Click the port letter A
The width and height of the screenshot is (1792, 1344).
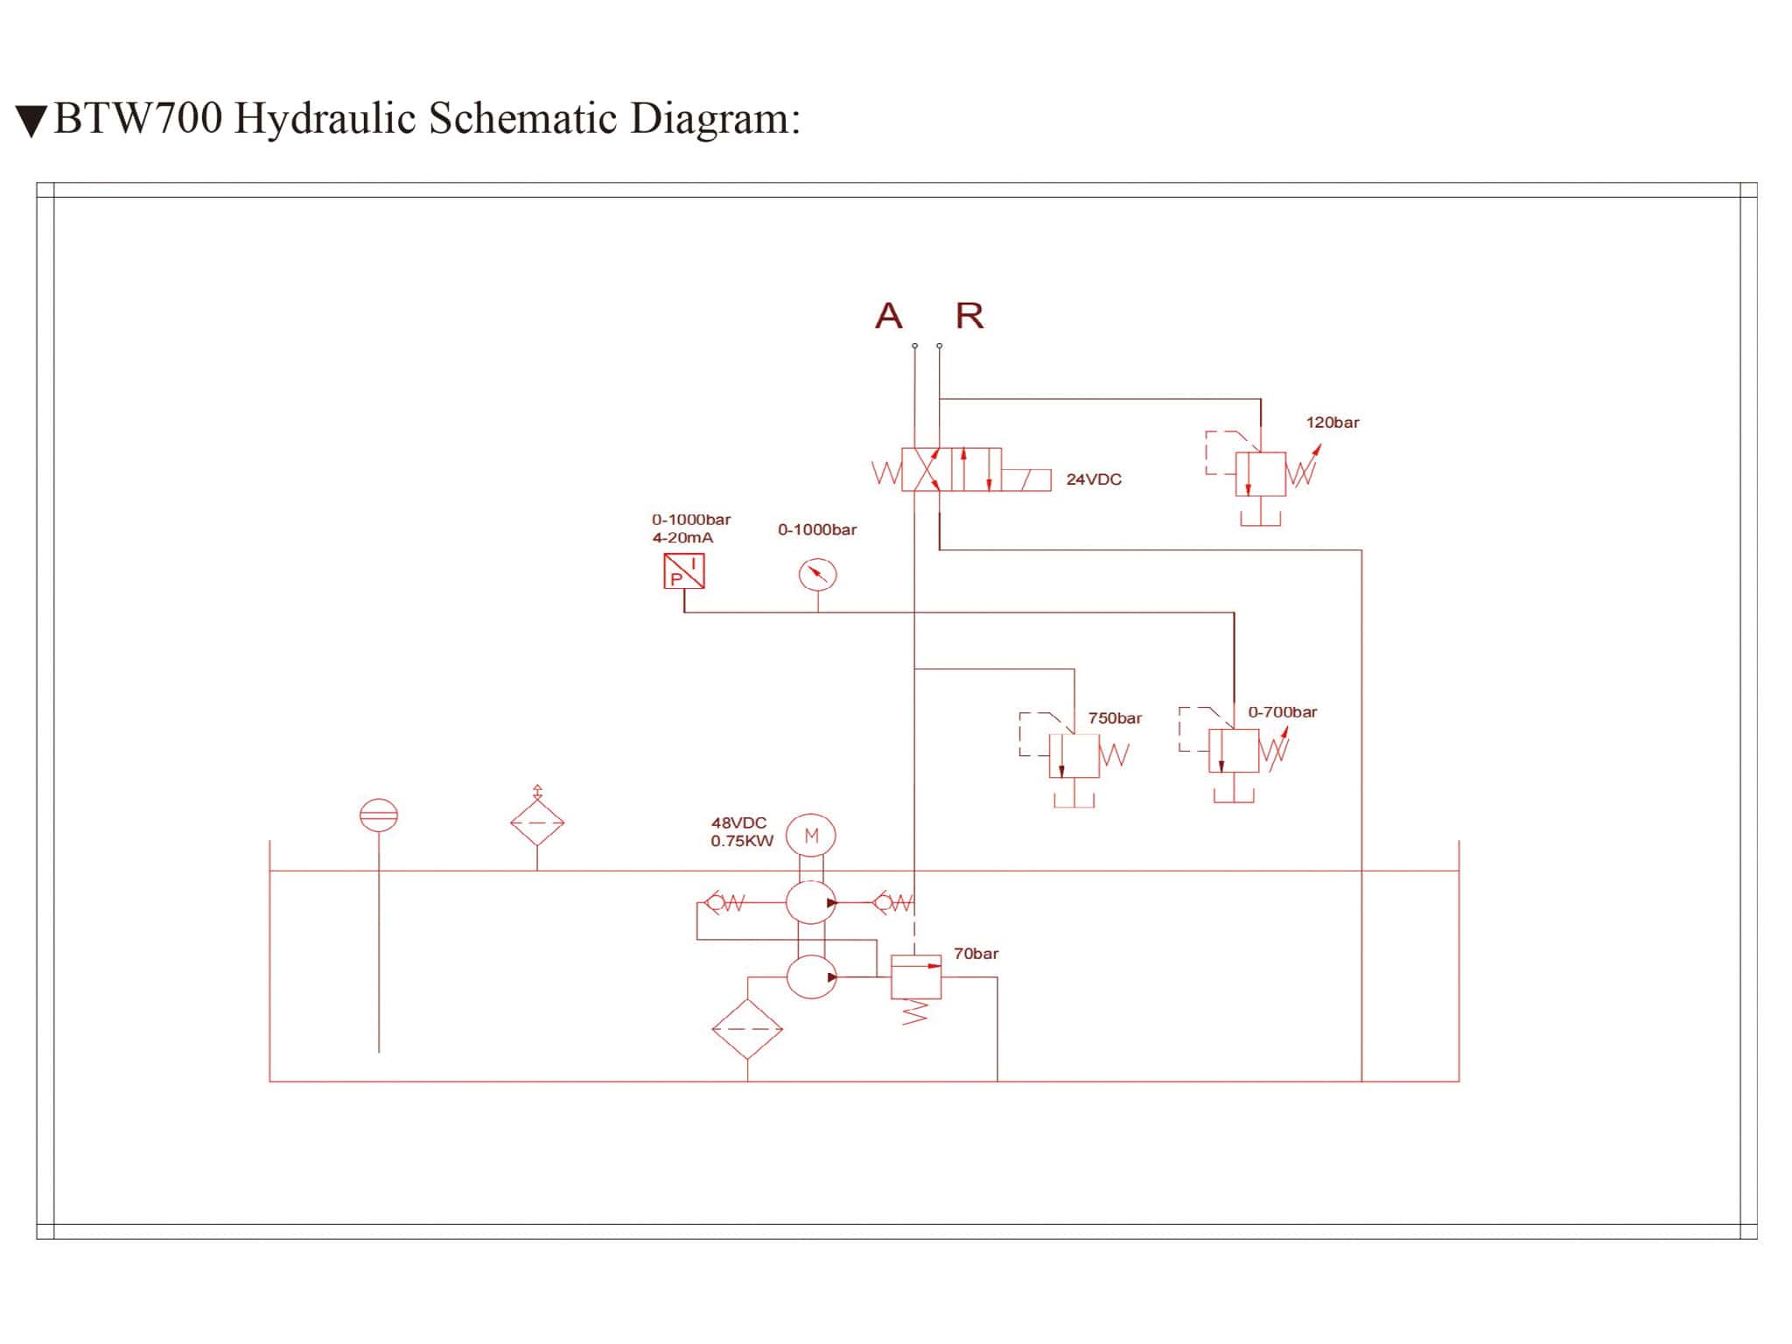tap(888, 316)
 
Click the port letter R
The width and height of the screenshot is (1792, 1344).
tap(969, 316)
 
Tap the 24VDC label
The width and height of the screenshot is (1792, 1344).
tap(1094, 479)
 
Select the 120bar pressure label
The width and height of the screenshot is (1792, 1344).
tap(1333, 423)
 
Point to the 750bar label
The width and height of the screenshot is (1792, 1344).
tap(1115, 718)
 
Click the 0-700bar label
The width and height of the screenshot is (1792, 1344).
tap(1282, 712)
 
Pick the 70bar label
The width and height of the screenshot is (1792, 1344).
tap(976, 954)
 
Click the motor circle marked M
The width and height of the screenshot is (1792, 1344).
tap(811, 836)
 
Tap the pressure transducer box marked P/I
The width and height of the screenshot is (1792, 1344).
tap(684, 571)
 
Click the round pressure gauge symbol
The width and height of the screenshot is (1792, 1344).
tap(817, 575)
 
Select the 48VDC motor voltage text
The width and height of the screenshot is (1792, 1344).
tap(738, 822)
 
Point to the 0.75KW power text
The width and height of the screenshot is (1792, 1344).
tap(742, 842)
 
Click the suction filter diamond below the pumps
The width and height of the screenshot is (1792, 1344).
tap(747, 1029)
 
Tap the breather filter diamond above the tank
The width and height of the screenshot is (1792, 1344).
tap(537, 822)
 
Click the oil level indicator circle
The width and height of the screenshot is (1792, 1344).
tap(379, 815)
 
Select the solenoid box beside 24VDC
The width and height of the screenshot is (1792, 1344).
tap(1026, 480)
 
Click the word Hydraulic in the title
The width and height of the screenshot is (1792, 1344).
tap(325, 119)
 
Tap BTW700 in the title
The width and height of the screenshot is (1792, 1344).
tap(138, 119)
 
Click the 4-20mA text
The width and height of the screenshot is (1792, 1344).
tap(682, 538)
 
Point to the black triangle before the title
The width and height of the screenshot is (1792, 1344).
tap(31, 122)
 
